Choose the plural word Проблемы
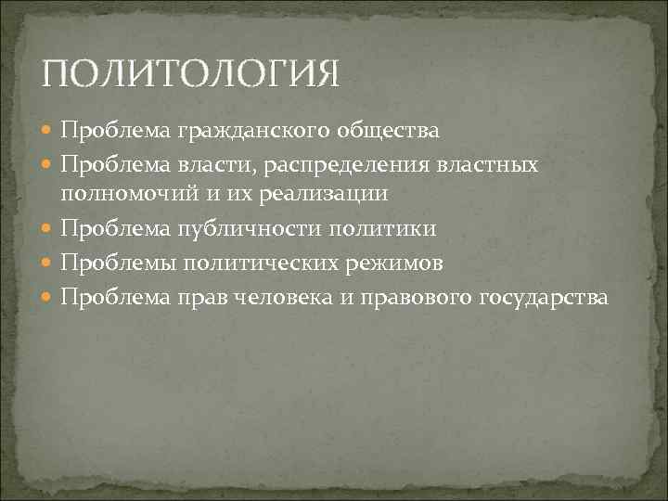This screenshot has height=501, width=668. pos(118,263)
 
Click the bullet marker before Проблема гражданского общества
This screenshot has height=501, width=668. pos(48,131)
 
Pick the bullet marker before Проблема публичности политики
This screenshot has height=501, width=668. pos(48,229)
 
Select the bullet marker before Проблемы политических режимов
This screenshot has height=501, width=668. pos(48,263)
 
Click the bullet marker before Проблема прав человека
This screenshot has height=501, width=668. pos(48,298)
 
